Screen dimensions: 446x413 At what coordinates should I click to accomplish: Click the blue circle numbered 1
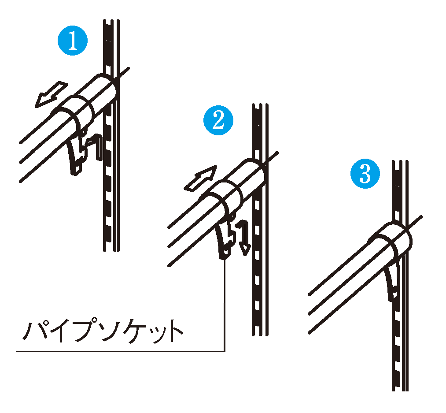[x=73, y=41]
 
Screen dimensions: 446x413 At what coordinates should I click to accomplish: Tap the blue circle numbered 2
[x=218, y=120]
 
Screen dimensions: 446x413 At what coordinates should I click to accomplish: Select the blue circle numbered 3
[x=365, y=174]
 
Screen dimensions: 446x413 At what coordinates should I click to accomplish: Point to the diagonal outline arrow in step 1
[x=51, y=95]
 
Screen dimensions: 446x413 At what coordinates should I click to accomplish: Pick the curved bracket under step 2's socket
[x=223, y=239]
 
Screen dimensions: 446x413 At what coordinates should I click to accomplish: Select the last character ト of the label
[x=177, y=331]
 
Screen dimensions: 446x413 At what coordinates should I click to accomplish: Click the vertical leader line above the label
[x=225, y=305]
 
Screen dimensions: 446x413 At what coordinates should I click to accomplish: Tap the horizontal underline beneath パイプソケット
[x=120, y=351]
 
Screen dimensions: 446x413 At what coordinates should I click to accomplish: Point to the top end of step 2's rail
[x=260, y=105]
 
